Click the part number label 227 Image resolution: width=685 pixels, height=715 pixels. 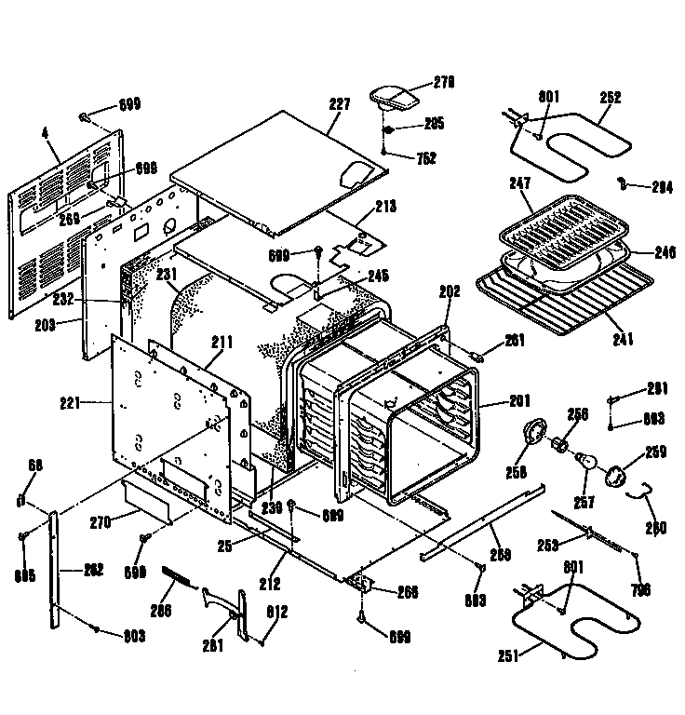[340, 104]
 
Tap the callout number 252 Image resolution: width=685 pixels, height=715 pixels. [611, 97]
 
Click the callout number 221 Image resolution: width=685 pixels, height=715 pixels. [93, 403]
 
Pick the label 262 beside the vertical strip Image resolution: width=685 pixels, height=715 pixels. [93, 569]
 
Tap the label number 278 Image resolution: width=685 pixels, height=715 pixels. [443, 83]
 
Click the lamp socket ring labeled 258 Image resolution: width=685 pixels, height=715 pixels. [535, 433]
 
